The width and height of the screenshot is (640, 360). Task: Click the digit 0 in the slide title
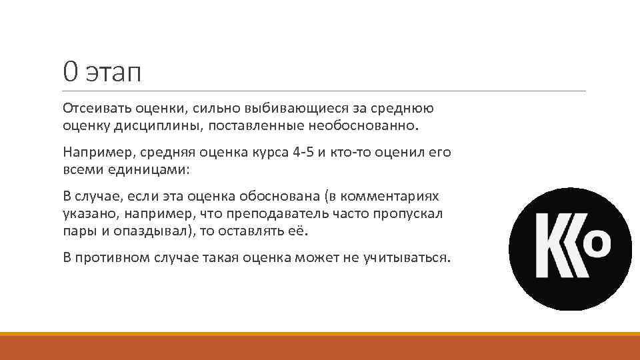coord(71,71)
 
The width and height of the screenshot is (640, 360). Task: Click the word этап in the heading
coord(113,72)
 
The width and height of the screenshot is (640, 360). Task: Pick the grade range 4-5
coord(303,152)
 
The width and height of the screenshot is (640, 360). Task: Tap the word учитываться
coord(411,258)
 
